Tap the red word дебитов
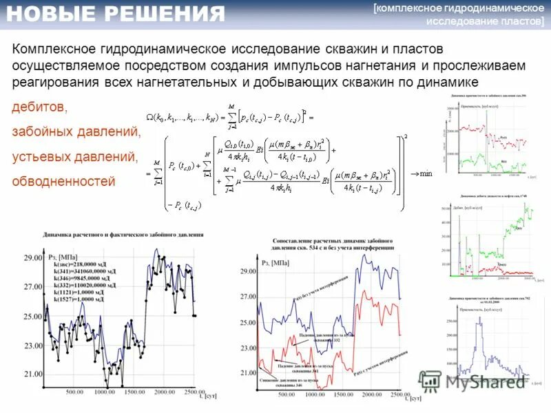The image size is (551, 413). (x=40, y=107)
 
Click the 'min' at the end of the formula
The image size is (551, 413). (x=426, y=173)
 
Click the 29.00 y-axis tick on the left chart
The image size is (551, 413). (x=32, y=257)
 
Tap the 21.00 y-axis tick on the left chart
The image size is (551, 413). (x=32, y=374)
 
